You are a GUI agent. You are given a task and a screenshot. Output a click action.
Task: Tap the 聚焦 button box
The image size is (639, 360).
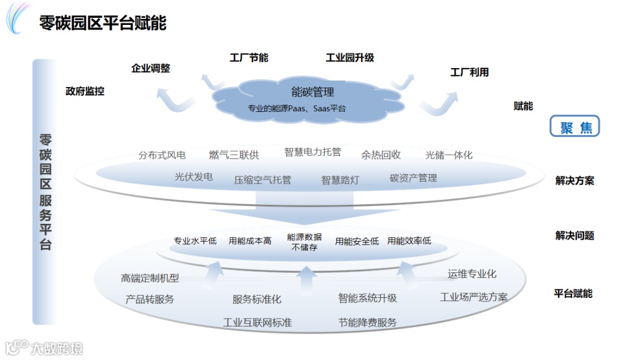[x=575, y=127]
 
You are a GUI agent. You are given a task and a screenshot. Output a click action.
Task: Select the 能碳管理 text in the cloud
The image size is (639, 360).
[x=312, y=92]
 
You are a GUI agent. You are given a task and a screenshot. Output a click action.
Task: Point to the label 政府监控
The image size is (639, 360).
[x=85, y=91]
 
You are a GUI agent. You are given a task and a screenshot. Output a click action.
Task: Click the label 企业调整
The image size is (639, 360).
[x=150, y=68]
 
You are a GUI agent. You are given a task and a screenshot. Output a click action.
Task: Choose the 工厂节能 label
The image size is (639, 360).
[x=248, y=57]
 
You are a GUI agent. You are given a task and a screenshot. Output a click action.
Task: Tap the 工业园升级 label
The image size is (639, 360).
[x=350, y=57]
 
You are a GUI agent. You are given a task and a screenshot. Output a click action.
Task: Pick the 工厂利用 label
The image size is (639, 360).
[x=469, y=72]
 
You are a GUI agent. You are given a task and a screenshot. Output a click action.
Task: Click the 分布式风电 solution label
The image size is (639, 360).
[x=162, y=155]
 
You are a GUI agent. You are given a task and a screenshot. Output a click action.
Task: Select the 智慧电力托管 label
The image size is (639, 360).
[x=312, y=152]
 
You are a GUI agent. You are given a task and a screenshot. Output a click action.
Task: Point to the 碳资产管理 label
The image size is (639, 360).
[x=413, y=178]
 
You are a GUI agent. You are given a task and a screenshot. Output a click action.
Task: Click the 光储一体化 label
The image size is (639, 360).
[x=448, y=155]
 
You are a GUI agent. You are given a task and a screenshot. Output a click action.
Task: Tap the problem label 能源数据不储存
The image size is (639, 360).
[x=304, y=242]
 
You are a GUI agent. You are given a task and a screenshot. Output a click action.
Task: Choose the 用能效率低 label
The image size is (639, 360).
[x=409, y=241]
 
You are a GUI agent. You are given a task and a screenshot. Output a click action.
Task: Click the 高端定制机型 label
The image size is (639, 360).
[x=150, y=278]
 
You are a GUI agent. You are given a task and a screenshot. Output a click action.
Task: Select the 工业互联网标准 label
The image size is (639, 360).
[x=257, y=323]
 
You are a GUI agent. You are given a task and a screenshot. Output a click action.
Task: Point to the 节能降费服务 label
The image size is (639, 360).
[x=367, y=323]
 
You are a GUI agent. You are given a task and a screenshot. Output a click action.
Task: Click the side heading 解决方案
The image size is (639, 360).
[x=575, y=181]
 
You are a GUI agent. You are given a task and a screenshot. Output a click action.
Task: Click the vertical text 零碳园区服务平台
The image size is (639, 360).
[x=46, y=192]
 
